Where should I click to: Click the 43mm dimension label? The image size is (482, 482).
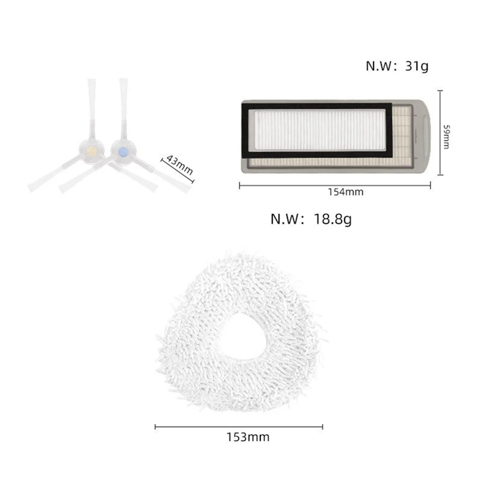pyautogui.click(x=180, y=164)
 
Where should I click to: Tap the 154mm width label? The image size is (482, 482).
pyautogui.click(x=345, y=192)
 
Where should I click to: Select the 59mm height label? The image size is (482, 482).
pyautogui.click(x=446, y=137)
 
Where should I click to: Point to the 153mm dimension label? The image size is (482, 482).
pyautogui.click(x=248, y=437)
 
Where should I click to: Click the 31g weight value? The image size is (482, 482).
pyautogui.click(x=416, y=66)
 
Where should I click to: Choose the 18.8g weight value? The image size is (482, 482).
pyautogui.click(x=333, y=219)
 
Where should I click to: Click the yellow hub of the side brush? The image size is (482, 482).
pyautogui.click(x=92, y=151)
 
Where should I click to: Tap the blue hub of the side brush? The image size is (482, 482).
pyautogui.click(x=123, y=152)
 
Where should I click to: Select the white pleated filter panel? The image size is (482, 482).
pyautogui.click(x=320, y=130)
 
